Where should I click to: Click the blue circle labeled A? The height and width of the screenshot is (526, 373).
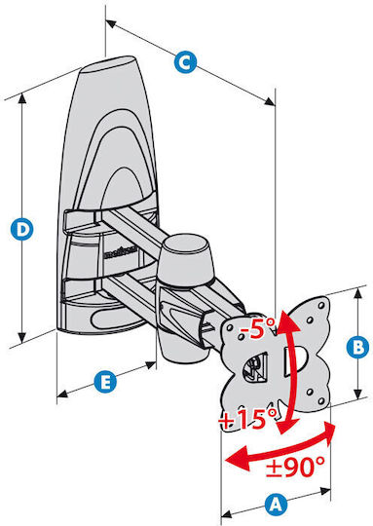pyautogui.click(x=276, y=505)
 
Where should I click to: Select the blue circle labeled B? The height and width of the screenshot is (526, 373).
pyautogui.click(x=358, y=347)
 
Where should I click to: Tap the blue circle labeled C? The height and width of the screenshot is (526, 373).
pyautogui.click(x=185, y=61)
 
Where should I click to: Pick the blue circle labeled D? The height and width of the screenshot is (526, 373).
pyautogui.click(x=21, y=229)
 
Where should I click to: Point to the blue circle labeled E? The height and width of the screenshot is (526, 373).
pyautogui.click(x=105, y=382)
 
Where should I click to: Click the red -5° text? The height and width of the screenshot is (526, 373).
pyautogui.click(x=257, y=327)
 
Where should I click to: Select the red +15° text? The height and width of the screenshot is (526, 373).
pyautogui.click(x=247, y=418)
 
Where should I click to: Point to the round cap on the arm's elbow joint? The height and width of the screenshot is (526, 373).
pyautogui.click(x=187, y=246)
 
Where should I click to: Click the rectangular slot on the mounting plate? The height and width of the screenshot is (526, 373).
pyautogui.click(x=292, y=361)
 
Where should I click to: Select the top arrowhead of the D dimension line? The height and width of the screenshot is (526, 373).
pyautogui.click(x=22, y=98)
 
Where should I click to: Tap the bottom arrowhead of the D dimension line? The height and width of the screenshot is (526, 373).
pyautogui.click(x=21, y=338)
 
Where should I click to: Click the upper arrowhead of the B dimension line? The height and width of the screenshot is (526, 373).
pyautogui.click(x=358, y=293)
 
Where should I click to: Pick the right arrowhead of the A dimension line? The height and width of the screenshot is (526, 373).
pyautogui.click(x=324, y=491)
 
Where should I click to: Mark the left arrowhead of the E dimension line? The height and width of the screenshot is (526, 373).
pyautogui.click(x=62, y=394)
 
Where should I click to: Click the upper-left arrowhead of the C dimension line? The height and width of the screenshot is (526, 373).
pyautogui.click(x=111, y=23)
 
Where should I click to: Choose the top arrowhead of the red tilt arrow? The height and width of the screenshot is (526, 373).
pyautogui.click(x=286, y=320)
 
